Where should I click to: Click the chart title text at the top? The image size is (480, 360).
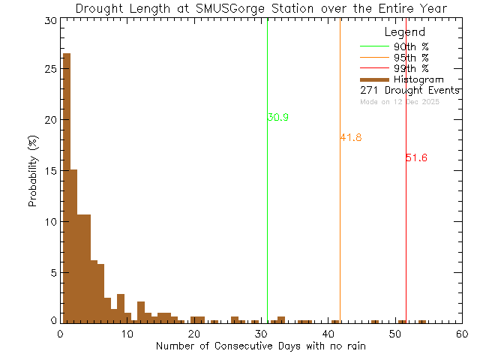click(261, 9)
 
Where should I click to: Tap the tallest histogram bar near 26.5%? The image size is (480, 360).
click(67, 187)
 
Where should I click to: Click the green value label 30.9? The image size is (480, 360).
click(277, 118)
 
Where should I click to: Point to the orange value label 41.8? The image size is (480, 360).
click(351, 138)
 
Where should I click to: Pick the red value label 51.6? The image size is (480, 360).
click(416, 158)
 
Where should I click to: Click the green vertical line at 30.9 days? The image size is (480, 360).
click(267, 225)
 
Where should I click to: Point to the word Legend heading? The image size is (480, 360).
click(404, 33)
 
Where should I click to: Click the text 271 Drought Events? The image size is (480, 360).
click(409, 91)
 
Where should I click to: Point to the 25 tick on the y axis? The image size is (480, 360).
click(49, 69)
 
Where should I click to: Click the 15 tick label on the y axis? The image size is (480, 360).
click(49, 171)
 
